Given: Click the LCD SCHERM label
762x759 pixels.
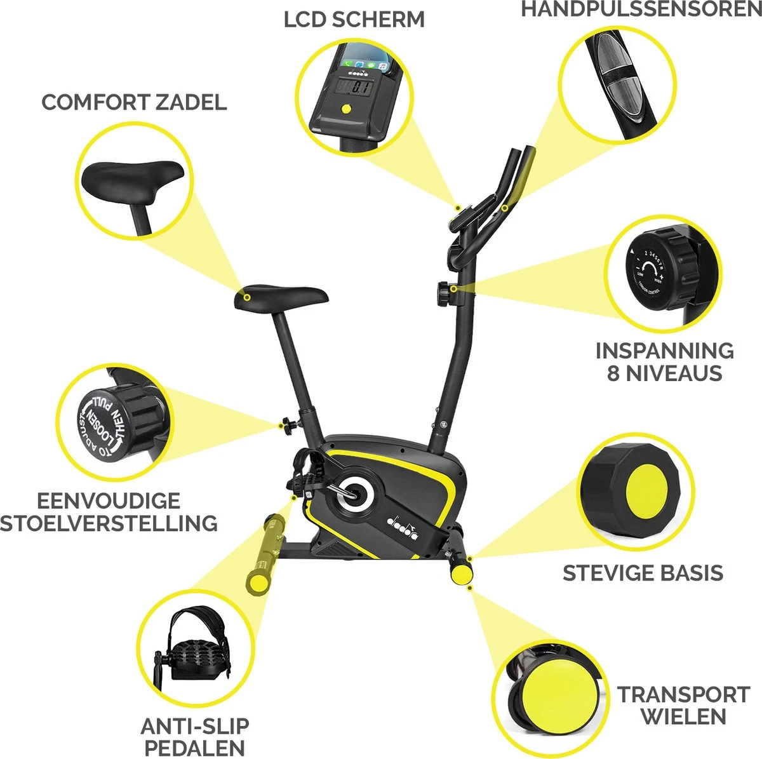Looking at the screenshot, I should tap(354, 20).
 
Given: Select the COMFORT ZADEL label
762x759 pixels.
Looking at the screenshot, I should tap(134, 102).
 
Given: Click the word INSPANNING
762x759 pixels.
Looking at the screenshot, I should tap(664, 351).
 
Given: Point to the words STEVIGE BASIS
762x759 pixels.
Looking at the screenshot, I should tap(643, 573).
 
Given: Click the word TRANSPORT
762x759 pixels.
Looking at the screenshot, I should tap(684, 694).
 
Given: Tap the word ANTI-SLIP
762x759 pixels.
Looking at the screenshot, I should tap(195, 726).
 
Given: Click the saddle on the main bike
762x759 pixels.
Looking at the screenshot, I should tap(281, 297).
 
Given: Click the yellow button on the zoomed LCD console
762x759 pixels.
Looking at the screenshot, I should tap(345, 107).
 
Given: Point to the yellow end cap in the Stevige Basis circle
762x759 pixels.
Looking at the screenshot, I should tap(650, 491).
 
